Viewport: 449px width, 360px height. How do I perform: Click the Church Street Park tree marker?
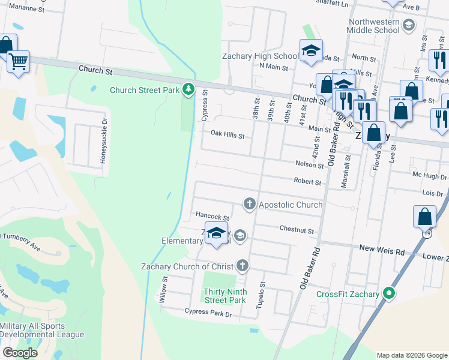[189, 90]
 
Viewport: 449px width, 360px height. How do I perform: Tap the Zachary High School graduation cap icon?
[311, 51]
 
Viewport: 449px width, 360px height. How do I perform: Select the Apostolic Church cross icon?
[249, 205]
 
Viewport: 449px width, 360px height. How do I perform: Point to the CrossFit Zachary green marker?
[389, 294]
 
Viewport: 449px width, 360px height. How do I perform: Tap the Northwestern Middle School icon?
[409, 25]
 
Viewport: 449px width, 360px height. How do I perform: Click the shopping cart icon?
[19, 61]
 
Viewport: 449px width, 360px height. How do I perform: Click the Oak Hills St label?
[227, 136]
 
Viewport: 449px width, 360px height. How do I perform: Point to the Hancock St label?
[212, 216]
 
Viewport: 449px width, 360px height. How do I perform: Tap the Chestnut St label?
[297, 230]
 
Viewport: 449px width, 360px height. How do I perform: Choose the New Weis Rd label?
[382, 248]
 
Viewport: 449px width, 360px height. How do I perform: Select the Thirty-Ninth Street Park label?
[224, 295]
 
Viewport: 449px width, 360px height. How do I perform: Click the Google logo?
[20, 352]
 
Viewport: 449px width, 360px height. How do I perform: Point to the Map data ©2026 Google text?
[411, 355]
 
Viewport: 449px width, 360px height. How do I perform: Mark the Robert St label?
[307, 181]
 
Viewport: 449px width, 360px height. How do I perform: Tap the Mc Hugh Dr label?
[429, 177]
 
